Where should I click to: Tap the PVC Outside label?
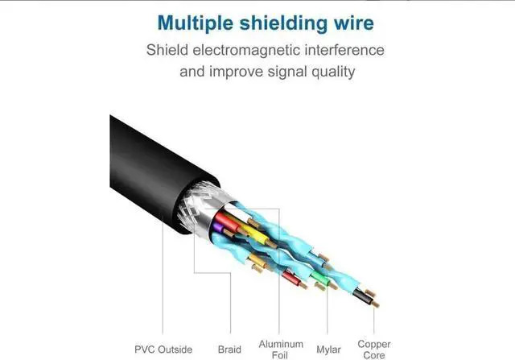pos(164,349)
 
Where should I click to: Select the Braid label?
pos(229,349)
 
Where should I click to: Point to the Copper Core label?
pos(374,349)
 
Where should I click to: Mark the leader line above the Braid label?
pos(194,290)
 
